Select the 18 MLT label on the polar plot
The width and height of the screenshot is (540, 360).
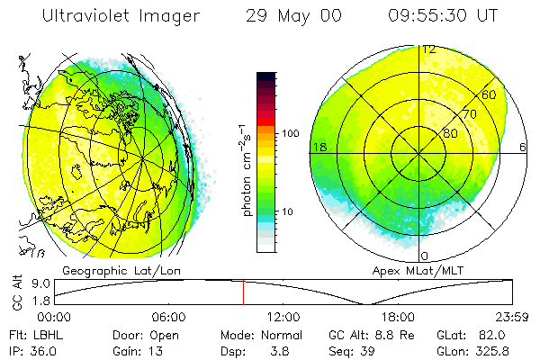point(319,146)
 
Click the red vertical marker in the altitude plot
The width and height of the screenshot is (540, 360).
point(243,292)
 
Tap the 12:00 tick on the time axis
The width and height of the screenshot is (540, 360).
point(283,317)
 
